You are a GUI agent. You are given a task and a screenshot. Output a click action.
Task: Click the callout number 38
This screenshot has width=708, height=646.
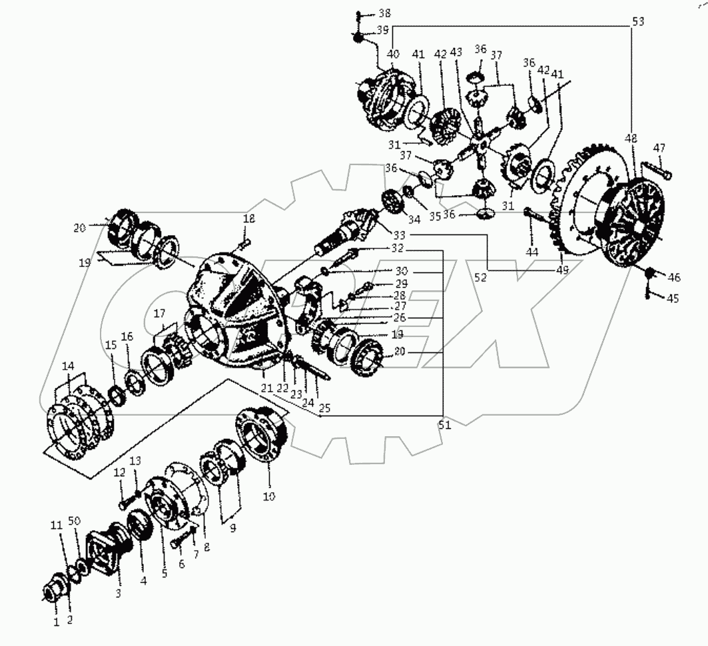(x=385, y=13)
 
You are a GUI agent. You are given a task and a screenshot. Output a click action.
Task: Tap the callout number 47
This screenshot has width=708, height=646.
(x=659, y=148)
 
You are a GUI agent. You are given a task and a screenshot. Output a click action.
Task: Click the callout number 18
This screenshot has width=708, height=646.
(x=248, y=219)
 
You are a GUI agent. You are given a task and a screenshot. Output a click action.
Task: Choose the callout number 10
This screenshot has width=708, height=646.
(x=270, y=497)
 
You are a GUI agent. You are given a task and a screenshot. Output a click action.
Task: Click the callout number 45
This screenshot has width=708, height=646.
(x=673, y=298)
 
